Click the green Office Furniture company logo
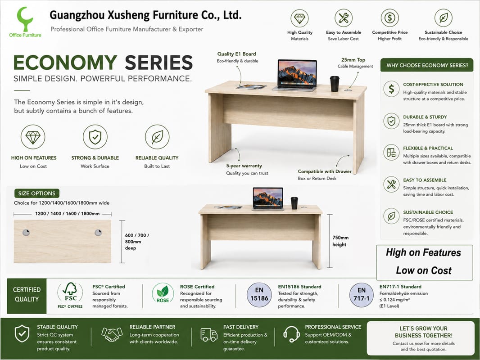click(x=25, y=22)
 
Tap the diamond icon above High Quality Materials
click(x=299, y=18)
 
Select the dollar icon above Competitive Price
click(x=389, y=18)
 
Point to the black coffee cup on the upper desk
click(x=335, y=84)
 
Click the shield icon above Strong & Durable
click(x=95, y=137)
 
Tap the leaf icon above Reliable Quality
click(x=157, y=137)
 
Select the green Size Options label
click(x=37, y=193)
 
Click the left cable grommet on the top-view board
click(x=26, y=233)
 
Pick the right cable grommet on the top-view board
click(x=98, y=233)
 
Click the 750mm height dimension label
click(x=340, y=241)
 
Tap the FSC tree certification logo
click(x=70, y=295)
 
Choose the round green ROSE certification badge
click(x=163, y=293)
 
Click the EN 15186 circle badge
click(x=259, y=294)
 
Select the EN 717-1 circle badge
click(x=362, y=294)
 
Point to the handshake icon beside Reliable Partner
click(x=112, y=335)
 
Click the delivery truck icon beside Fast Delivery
click(x=209, y=335)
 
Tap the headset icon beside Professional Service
click(x=291, y=334)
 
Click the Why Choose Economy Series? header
click(x=427, y=65)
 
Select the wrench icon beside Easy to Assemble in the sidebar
click(x=391, y=184)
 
